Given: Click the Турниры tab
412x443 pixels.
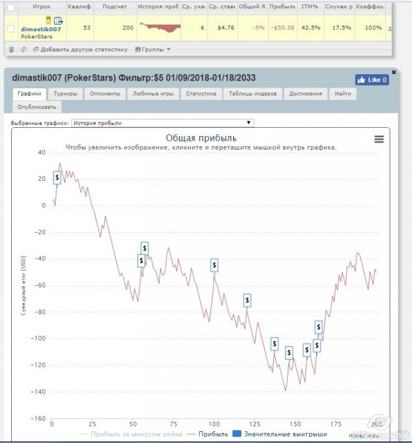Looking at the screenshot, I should [x=65, y=94].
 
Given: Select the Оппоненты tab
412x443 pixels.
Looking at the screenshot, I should [x=104, y=94].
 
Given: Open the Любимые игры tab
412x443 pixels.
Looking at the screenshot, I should [x=152, y=94].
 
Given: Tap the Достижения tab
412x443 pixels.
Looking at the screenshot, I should [x=305, y=94].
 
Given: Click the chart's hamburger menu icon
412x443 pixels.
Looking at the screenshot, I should [x=379, y=139].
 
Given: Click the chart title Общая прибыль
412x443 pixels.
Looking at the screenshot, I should [x=201, y=138].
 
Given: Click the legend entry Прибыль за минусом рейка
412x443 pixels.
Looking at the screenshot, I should [x=128, y=434].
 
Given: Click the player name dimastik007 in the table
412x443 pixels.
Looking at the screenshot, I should [x=41, y=29].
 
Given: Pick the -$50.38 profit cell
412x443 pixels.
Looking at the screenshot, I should [x=283, y=28].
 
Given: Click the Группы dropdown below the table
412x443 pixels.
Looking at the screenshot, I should [x=153, y=49].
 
